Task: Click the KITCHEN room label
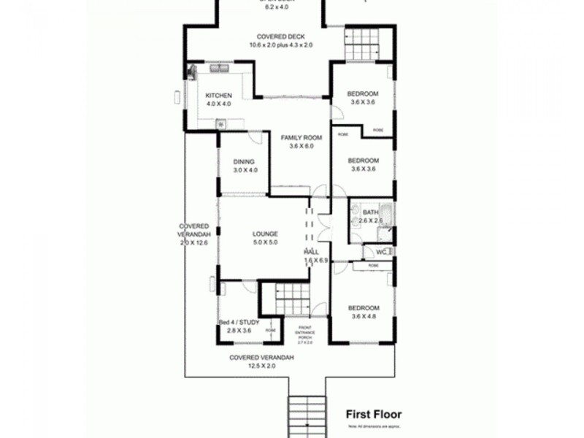[x=218, y=96]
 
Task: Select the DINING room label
[x=242, y=161]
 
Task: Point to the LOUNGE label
[x=265, y=234]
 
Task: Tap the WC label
[x=380, y=252]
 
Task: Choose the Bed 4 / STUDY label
[x=239, y=322]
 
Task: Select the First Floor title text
[x=373, y=414]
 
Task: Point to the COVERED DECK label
[x=280, y=36]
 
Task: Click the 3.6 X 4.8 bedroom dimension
[x=363, y=316]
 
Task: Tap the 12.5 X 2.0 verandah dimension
[x=261, y=366]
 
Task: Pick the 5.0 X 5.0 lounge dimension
[x=265, y=242]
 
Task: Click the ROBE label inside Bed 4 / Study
[x=270, y=330]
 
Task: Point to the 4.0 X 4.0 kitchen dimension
[x=218, y=104]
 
